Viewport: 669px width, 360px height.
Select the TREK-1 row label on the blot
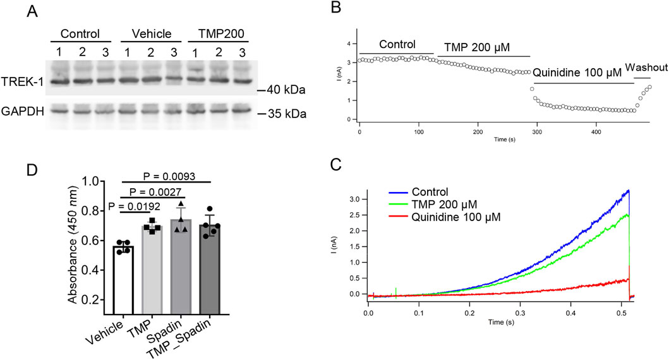(x=21, y=81)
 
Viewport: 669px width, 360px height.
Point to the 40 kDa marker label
(x=283, y=90)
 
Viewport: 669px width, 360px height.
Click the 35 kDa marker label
(x=283, y=114)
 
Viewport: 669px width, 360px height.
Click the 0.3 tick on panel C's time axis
(x=521, y=312)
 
